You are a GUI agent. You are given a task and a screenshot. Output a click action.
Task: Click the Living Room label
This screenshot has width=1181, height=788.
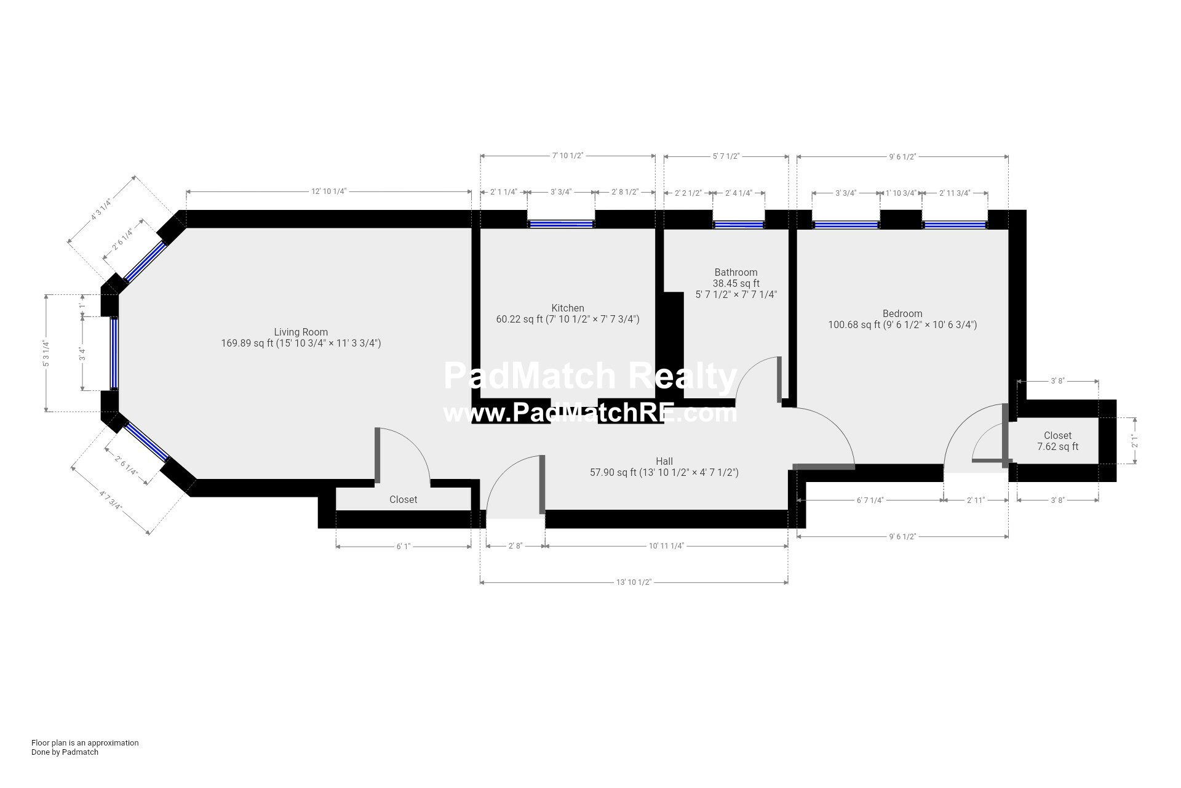(x=301, y=332)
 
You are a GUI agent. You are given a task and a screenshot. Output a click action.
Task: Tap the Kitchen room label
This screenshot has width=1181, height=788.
(x=568, y=308)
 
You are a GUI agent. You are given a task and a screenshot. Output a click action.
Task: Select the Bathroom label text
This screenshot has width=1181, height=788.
(x=736, y=272)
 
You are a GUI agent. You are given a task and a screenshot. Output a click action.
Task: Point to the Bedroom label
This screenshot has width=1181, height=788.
(x=902, y=313)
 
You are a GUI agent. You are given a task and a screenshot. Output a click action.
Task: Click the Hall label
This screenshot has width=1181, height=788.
(x=664, y=461)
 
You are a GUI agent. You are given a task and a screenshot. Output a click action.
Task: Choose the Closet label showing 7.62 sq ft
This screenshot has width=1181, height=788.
(x=1057, y=441)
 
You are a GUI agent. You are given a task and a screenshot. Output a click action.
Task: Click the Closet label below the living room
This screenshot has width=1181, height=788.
(x=404, y=499)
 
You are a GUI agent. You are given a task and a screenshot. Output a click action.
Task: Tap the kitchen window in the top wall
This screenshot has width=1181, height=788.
(x=561, y=225)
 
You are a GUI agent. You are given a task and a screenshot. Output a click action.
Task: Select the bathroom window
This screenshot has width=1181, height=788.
(x=739, y=225)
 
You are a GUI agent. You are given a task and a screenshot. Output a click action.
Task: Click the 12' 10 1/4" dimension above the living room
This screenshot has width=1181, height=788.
(x=328, y=191)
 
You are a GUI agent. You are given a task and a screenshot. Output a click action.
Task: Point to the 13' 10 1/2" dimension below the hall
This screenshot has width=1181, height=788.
(x=634, y=582)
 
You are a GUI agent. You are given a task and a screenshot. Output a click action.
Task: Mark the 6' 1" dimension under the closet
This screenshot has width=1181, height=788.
(x=403, y=546)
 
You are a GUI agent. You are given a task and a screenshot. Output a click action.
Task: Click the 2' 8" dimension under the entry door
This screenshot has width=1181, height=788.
(x=515, y=546)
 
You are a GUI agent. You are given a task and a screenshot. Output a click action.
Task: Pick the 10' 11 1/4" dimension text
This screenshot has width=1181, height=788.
(x=666, y=546)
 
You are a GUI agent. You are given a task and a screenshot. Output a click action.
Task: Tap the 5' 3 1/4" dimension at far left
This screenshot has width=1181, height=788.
(x=46, y=353)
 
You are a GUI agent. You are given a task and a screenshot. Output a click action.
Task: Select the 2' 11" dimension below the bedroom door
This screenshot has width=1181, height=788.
(x=976, y=501)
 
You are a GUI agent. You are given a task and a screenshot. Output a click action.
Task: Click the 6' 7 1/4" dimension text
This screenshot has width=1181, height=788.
(x=870, y=501)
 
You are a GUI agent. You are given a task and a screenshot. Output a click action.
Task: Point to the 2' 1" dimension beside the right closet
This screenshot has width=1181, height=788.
(x=1134, y=441)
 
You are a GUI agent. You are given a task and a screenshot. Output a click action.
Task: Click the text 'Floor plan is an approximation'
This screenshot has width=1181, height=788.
(x=85, y=742)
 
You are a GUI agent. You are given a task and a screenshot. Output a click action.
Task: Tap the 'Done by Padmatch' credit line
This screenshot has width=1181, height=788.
(x=65, y=752)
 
